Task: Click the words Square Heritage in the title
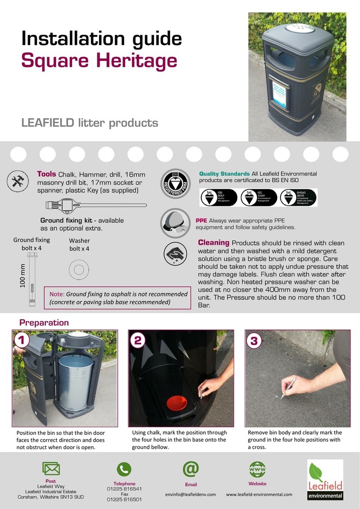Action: pyautogui.click(x=99, y=61)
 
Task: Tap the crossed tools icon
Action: pyautogui.click(x=18, y=181)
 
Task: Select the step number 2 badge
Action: pyautogui.click(x=138, y=341)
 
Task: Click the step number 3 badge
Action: pyautogui.click(x=254, y=341)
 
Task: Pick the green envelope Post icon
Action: pyautogui.click(x=51, y=469)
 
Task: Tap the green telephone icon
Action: pyautogui.click(x=124, y=469)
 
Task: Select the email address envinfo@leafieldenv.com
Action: pyautogui.click(x=190, y=494)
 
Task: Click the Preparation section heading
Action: pyautogui.click(x=44, y=322)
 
